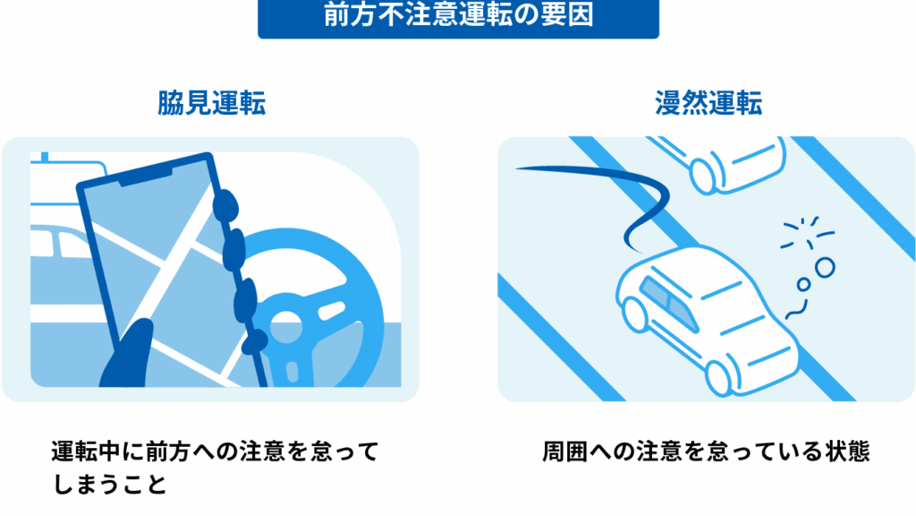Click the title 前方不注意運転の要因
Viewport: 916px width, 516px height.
[x=459, y=15]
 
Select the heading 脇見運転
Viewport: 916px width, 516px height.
[x=211, y=103]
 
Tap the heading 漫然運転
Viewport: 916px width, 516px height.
[x=708, y=103]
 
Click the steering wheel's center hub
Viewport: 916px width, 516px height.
[x=285, y=325]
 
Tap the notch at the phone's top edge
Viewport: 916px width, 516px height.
[x=146, y=176]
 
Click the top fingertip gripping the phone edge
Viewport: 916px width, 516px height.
[x=225, y=205]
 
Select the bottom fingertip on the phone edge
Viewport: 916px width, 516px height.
[x=255, y=341]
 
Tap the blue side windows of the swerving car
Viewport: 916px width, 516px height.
[x=669, y=304]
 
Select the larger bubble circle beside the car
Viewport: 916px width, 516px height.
[x=825, y=267]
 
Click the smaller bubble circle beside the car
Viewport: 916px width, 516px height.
[x=804, y=284]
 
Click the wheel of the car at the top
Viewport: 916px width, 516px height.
[x=703, y=175]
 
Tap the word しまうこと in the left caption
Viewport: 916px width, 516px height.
[x=109, y=485]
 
